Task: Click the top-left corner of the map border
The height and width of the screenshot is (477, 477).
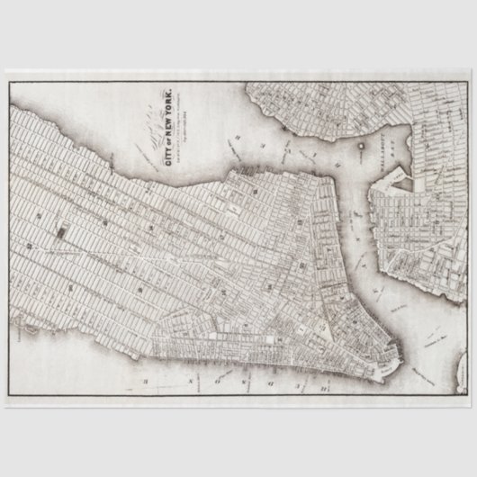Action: pyautogui.click(x=8, y=82)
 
